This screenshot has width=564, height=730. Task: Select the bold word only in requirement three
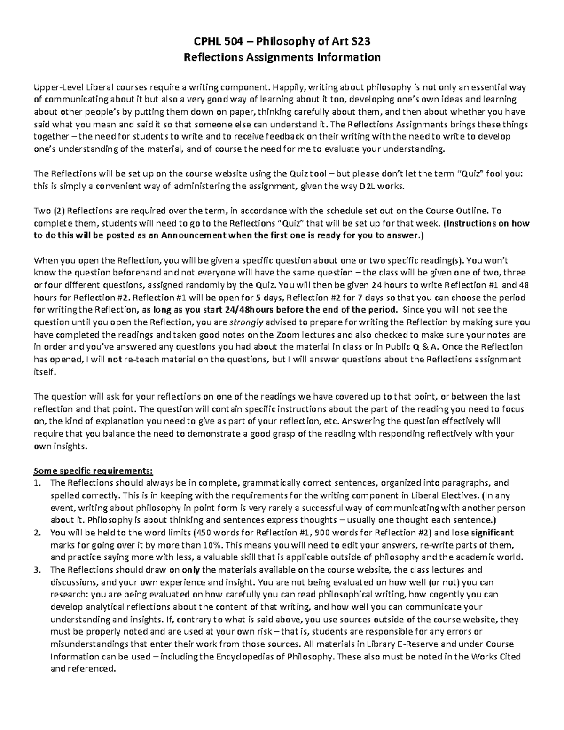coord(191,570)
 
